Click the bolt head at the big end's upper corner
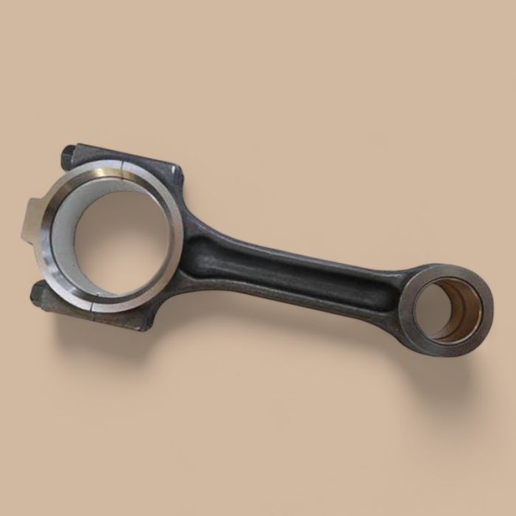pos(69,156)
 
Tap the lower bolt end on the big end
pos(38,295)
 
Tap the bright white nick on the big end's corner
pos(176,174)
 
